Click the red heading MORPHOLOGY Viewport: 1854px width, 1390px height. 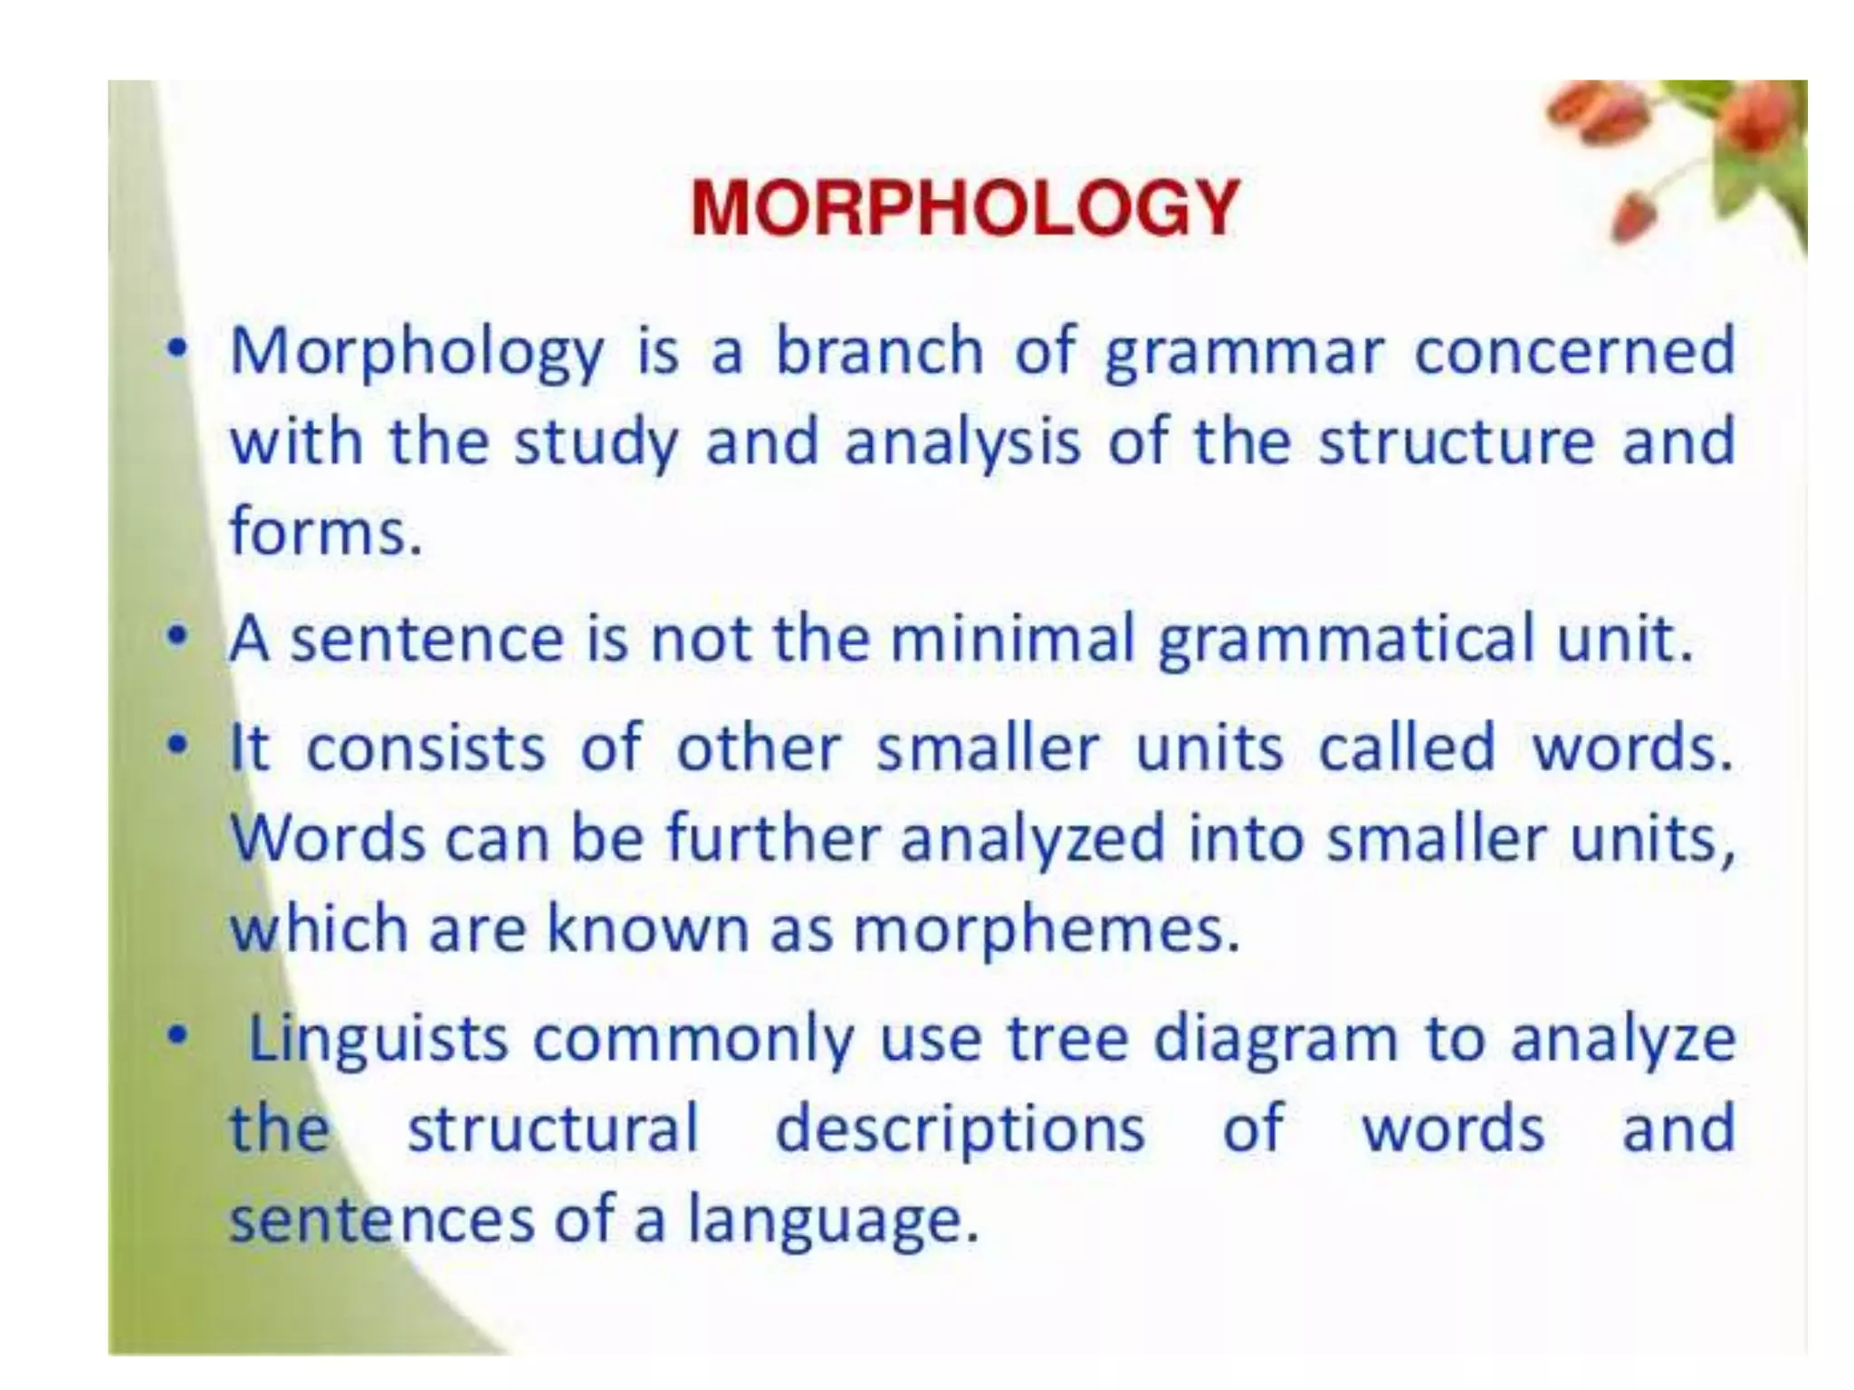tap(964, 208)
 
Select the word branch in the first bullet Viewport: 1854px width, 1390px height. tap(879, 351)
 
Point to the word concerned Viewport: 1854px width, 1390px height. tap(1574, 351)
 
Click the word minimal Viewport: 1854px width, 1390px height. tap(1012, 639)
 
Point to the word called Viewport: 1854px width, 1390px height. tap(1407, 747)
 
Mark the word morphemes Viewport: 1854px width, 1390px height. tap(1046, 930)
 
